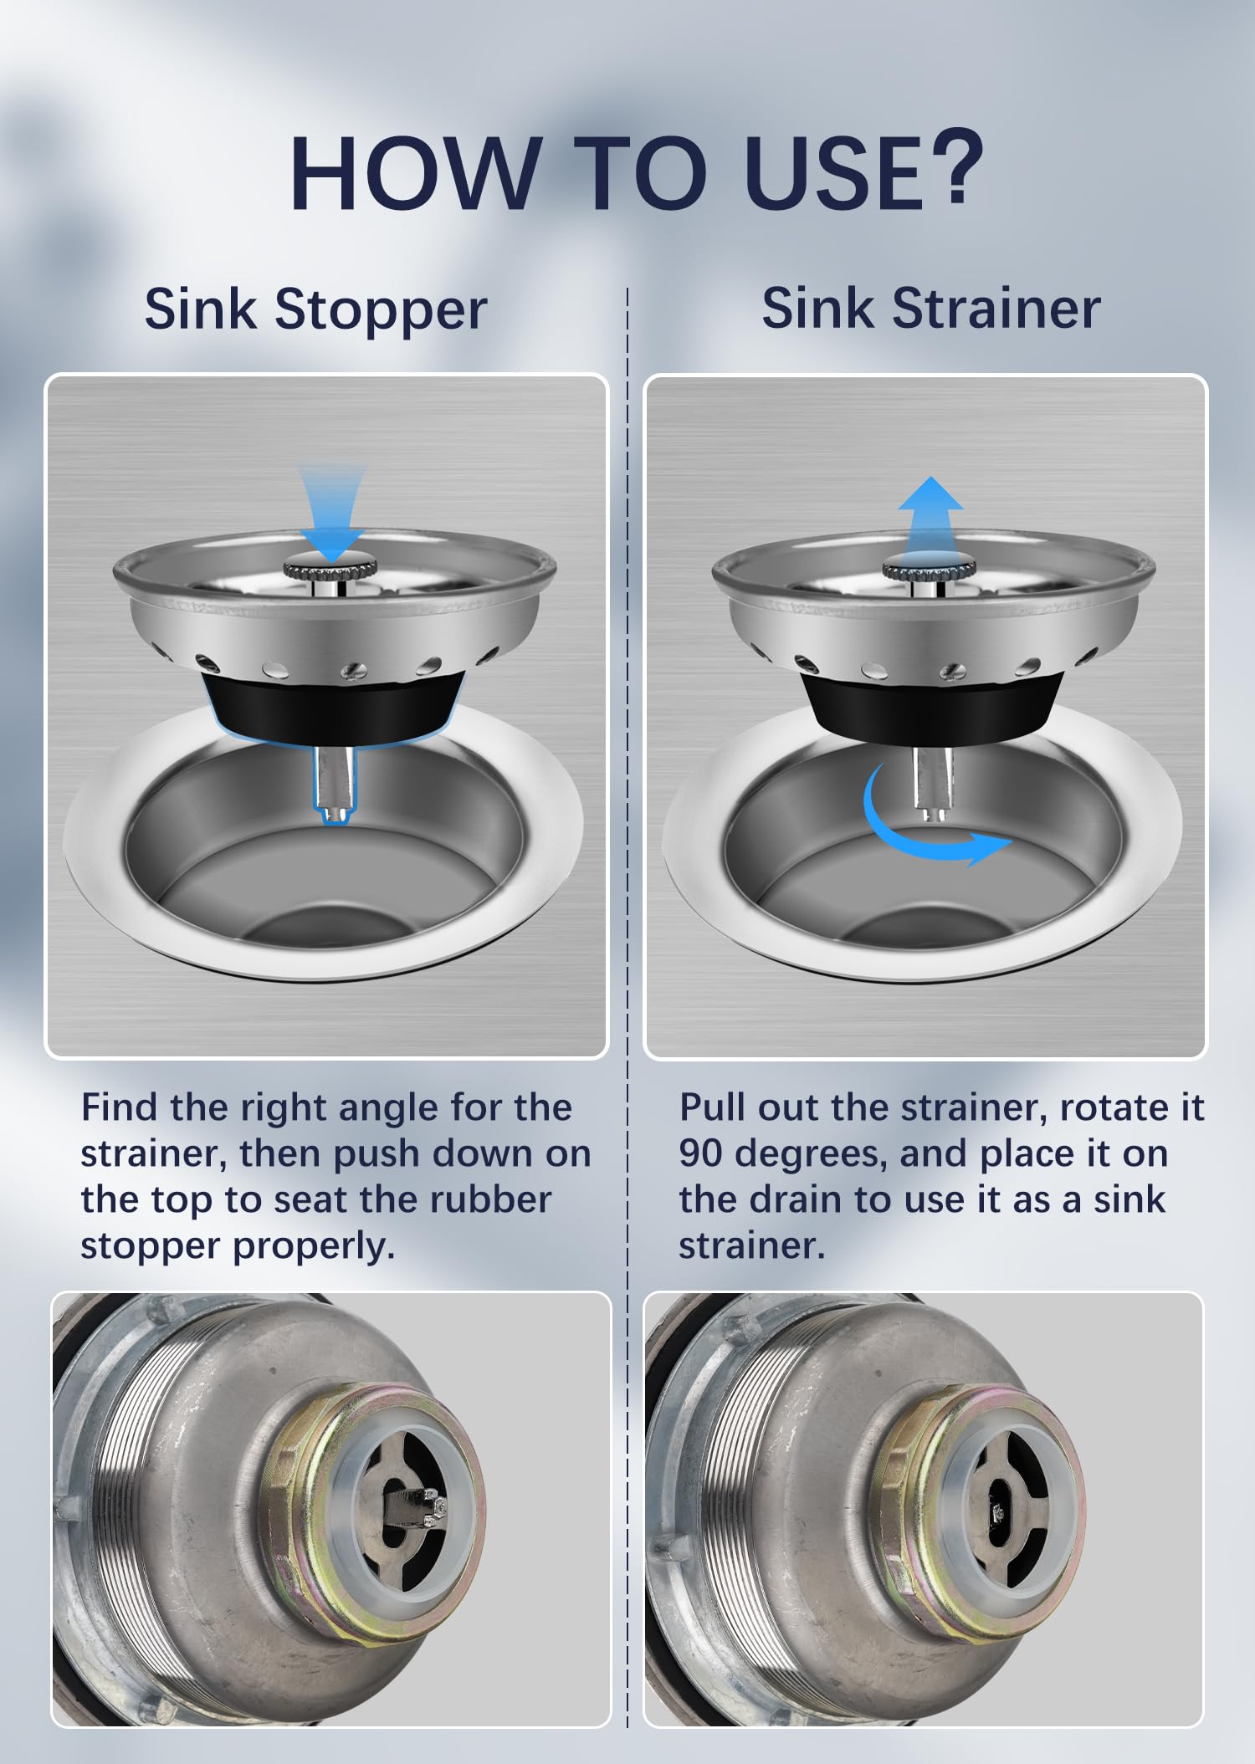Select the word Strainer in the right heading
point(996,309)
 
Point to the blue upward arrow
point(930,517)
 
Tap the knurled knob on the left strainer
point(332,568)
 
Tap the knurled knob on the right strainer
point(930,568)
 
